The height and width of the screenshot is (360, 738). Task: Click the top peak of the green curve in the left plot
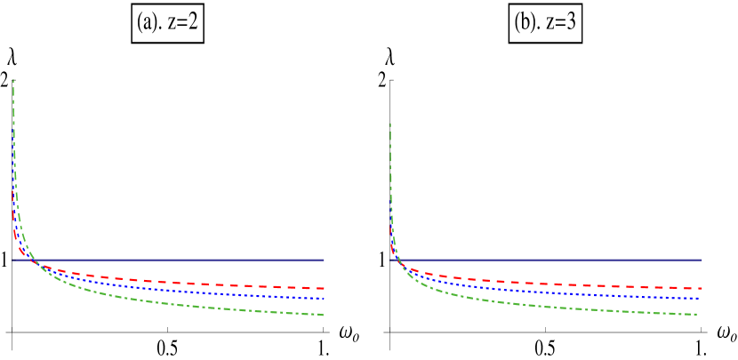click(x=13, y=81)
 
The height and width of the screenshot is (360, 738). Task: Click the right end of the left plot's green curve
click(x=323, y=315)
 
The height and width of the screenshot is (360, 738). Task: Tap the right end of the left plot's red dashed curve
click(x=324, y=288)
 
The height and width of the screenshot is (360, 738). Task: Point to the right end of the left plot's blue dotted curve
click(x=324, y=299)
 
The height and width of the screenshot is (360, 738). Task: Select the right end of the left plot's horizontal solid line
click(x=324, y=260)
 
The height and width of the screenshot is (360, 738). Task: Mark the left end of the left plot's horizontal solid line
click(x=13, y=260)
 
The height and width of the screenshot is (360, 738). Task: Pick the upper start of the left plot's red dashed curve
click(x=13, y=190)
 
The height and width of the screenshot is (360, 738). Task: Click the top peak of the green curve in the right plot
click(x=390, y=124)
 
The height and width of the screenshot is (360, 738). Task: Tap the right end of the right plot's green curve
click(x=696, y=314)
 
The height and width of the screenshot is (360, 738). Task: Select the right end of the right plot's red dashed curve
click(x=702, y=288)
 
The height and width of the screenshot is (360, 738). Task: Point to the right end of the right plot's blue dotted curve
click(x=699, y=298)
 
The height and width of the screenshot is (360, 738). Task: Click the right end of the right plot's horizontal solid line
click(x=702, y=260)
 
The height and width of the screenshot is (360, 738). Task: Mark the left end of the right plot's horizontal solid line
click(x=390, y=260)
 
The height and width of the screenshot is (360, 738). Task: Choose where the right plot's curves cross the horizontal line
click(x=399, y=260)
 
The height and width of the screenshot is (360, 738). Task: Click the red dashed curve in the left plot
click(x=178, y=283)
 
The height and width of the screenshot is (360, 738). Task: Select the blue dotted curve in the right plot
click(x=551, y=292)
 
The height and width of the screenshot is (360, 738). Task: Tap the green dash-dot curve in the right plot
click(x=551, y=308)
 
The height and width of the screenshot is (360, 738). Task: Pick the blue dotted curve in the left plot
click(x=178, y=291)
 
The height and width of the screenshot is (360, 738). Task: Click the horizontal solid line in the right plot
click(x=551, y=260)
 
